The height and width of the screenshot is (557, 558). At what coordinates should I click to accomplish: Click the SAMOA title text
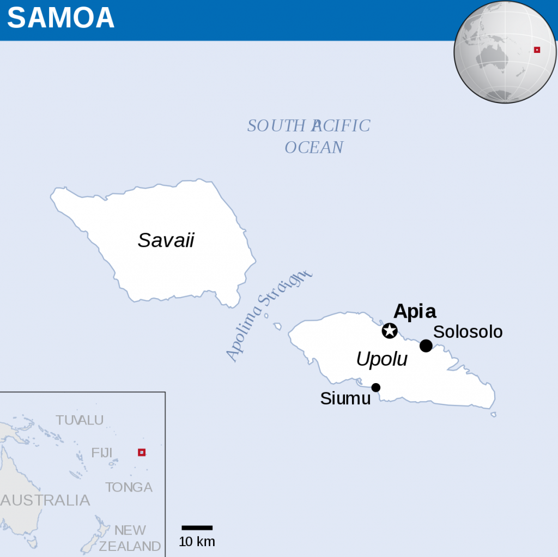click(x=60, y=18)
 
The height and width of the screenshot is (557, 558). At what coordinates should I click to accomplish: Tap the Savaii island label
click(x=166, y=240)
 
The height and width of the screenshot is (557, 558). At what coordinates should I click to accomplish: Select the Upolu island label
click(x=381, y=359)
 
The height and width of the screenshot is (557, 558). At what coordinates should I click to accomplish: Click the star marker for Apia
click(x=389, y=330)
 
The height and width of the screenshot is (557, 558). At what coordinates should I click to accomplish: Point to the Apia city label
click(x=415, y=311)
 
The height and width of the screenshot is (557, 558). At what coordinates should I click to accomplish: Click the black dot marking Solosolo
click(x=426, y=346)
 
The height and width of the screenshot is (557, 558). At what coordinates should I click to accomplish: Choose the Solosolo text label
click(x=468, y=331)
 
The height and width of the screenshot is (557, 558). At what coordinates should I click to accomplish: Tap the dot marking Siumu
click(x=375, y=388)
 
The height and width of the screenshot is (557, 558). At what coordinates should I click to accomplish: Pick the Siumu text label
click(x=345, y=398)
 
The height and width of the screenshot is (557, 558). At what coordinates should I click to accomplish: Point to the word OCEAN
click(x=314, y=147)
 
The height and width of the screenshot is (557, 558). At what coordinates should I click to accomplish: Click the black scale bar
click(x=197, y=528)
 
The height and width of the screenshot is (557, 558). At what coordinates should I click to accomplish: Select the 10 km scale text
click(x=197, y=542)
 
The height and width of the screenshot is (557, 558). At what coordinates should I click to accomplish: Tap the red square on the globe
click(x=537, y=50)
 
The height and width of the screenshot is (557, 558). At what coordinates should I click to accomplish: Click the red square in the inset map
click(x=142, y=452)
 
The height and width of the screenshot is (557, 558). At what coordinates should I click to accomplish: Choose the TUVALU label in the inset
click(x=80, y=420)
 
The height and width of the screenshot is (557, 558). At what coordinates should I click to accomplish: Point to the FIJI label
click(x=101, y=452)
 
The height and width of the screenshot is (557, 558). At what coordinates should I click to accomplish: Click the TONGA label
click(x=129, y=487)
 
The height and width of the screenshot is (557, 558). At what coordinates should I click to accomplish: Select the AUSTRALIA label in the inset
click(x=46, y=500)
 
